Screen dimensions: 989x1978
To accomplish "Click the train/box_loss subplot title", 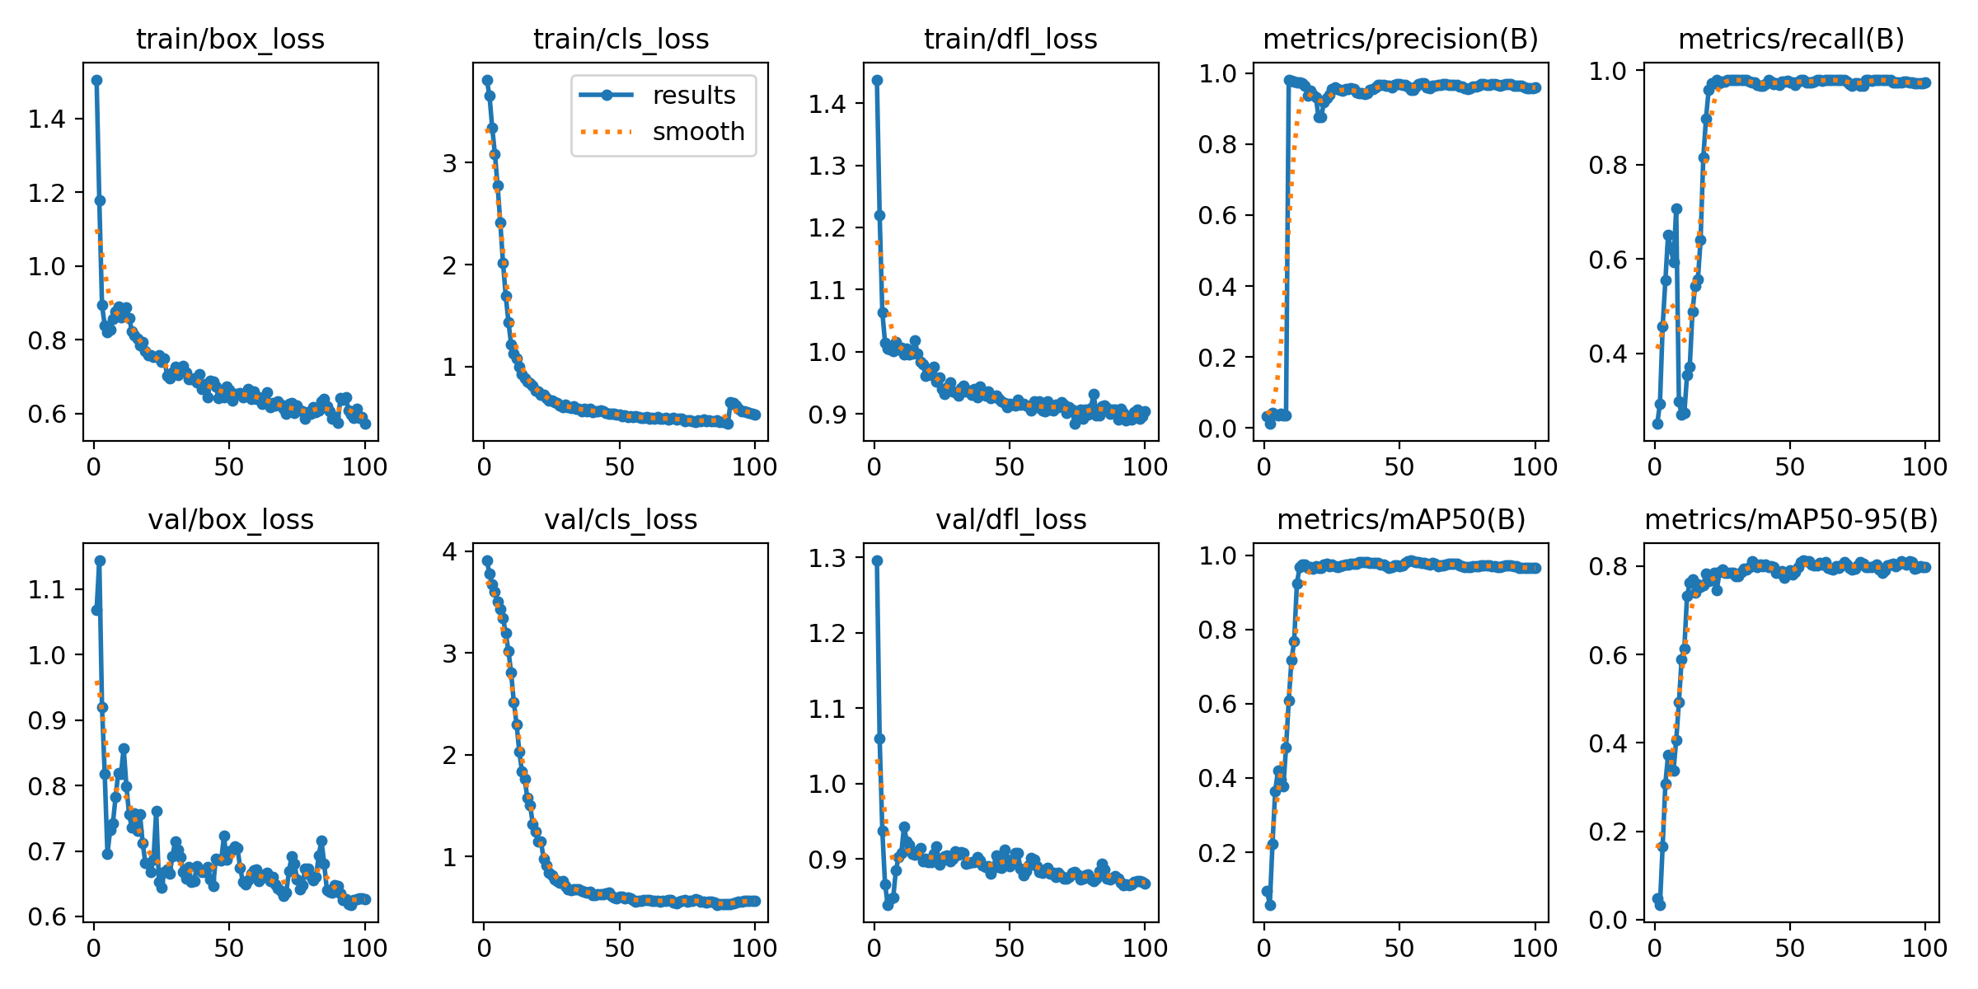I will click(230, 39).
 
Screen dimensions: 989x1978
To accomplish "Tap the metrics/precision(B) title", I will click(1400, 39).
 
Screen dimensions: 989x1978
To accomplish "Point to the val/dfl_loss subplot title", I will click(1010, 519).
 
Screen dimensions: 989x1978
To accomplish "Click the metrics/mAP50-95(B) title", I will click(1791, 519).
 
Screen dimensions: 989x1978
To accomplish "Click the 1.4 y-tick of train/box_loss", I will click(46, 119).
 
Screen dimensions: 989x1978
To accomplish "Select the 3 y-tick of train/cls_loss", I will click(449, 163).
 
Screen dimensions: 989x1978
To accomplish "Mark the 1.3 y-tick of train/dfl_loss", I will click(827, 166).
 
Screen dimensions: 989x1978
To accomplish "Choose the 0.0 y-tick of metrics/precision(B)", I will click(1217, 429).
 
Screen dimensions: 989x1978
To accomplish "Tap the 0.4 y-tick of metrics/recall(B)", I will click(1608, 354).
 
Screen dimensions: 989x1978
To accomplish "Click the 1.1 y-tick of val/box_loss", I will click(46, 589).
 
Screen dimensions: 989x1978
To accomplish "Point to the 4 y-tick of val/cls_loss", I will click(449, 551).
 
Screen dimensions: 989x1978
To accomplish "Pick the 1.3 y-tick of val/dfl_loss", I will click(827, 558).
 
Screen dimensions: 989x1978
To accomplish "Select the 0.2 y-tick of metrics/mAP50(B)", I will click(1217, 852).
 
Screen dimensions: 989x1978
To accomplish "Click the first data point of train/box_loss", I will click(96, 80).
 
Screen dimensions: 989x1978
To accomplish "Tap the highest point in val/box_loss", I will click(100, 560).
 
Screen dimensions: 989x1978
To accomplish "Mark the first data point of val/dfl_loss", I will click(877, 560).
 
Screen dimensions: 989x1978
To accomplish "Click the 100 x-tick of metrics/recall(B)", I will click(1924, 467).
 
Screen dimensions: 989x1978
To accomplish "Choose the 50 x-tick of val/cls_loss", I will click(619, 948).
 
